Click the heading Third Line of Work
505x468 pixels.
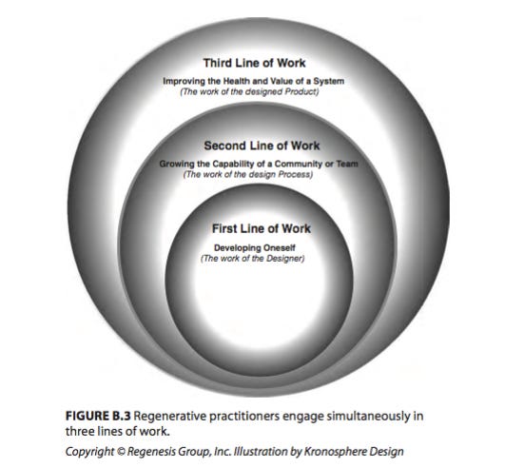coord(254,63)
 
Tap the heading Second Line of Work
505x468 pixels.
coord(262,146)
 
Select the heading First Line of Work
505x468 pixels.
coord(262,228)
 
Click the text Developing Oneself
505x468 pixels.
coord(255,248)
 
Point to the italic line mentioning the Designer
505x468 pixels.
coord(253,259)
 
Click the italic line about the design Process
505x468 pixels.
coord(247,175)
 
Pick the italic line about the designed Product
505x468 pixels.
coord(249,92)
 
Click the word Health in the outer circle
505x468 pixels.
coord(237,81)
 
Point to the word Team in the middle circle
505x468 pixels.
coord(347,164)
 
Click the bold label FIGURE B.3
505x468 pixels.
coord(98,416)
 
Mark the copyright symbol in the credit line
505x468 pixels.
coord(121,452)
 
